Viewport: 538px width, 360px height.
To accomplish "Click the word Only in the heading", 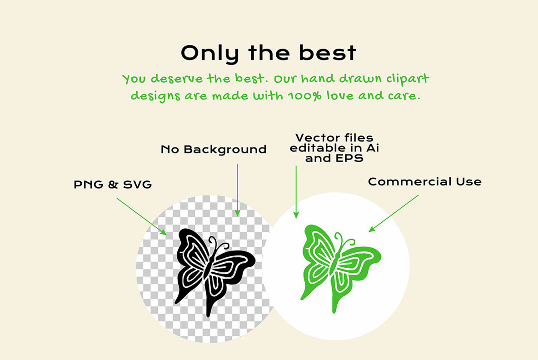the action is (x=209, y=54).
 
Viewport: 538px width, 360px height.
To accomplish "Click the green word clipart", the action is (x=408, y=79).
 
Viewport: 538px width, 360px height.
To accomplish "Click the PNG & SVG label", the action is (x=113, y=184).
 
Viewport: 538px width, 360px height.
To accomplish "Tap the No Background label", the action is (x=214, y=149).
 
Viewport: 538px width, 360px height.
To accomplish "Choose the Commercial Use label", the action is (x=424, y=181).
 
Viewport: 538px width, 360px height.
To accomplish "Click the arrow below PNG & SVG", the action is (x=142, y=216).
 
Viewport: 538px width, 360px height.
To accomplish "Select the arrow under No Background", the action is (x=238, y=190).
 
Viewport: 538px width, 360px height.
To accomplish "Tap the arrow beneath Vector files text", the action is (x=296, y=192).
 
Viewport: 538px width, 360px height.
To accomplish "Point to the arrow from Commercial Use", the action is (x=394, y=214).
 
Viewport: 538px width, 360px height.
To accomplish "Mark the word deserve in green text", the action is (x=177, y=79).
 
